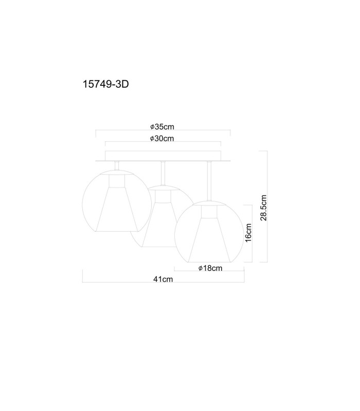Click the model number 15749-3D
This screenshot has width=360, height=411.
coord(106,84)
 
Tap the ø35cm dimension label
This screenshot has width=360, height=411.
coord(162,127)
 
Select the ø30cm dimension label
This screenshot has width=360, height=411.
coord(162,138)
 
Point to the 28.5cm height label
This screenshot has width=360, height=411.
coord(263,208)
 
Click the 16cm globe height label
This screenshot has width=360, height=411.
coord(248,233)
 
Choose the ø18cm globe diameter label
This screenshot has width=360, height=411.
coord(210,268)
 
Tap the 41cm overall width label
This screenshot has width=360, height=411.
coord(163,279)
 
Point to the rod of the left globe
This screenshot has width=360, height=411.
coord(117,165)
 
